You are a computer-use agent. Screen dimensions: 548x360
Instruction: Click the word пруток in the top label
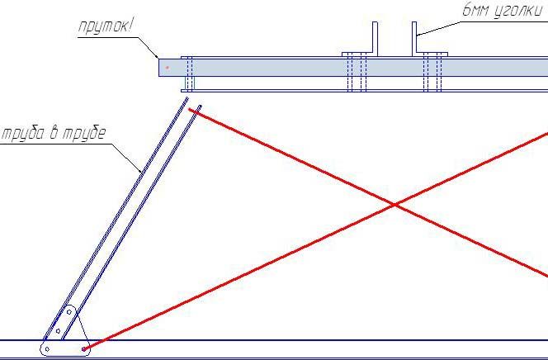102,26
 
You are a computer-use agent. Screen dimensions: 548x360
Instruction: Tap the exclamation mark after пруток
130,26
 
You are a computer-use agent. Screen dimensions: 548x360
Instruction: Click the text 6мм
476,10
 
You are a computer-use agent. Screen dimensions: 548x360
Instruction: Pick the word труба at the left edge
25,134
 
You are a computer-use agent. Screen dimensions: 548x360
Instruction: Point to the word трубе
83,134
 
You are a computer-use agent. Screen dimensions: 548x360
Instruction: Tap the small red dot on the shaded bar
168,68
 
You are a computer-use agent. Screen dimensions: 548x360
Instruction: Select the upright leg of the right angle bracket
414,38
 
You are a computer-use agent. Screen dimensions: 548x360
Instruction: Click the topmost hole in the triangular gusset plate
69,312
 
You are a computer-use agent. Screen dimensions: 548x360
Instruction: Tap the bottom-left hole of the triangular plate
47,348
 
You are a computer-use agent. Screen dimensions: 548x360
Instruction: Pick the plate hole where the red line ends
83,348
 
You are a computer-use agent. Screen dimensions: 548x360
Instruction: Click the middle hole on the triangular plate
58,330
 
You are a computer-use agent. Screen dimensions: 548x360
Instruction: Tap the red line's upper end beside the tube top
190,110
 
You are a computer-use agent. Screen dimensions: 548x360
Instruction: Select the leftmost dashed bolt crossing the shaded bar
189,73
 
